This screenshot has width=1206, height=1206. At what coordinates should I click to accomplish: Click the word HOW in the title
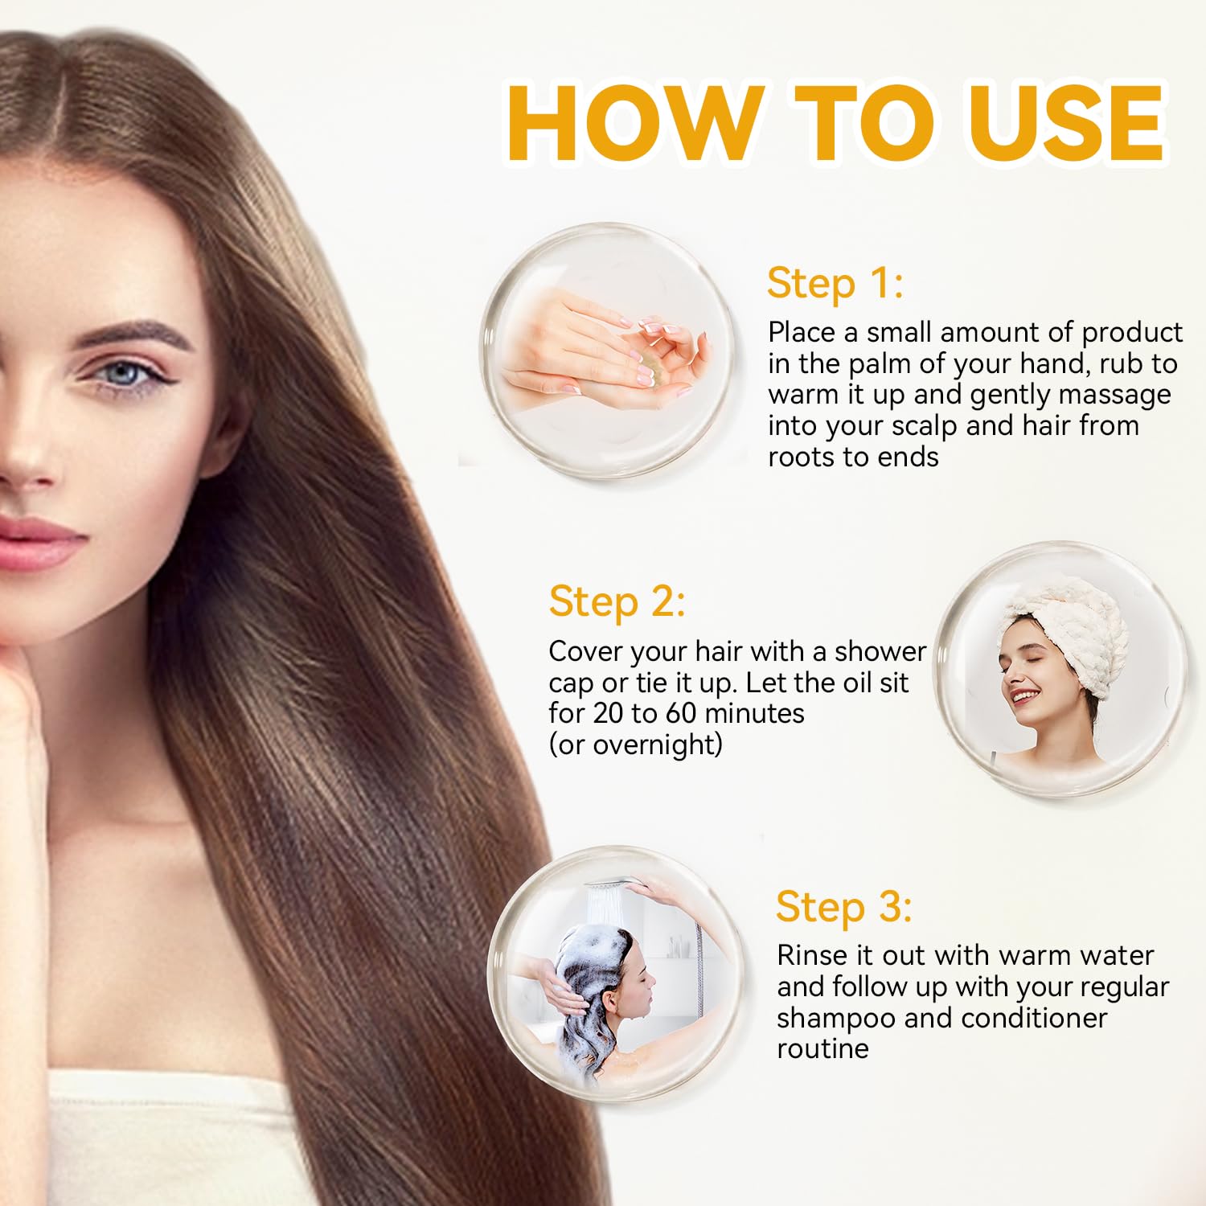pos(636,122)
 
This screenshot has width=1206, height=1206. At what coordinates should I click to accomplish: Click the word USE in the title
pos(1068,122)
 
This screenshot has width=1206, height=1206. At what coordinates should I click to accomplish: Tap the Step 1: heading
pos(835,284)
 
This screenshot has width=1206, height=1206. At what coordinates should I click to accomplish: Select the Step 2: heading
pos(617,602)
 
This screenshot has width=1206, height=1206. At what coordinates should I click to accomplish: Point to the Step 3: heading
pos(844,907)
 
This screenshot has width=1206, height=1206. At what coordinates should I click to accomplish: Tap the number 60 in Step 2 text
pos(680,713)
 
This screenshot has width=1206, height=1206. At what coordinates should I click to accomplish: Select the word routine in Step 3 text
pos(822,1049)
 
